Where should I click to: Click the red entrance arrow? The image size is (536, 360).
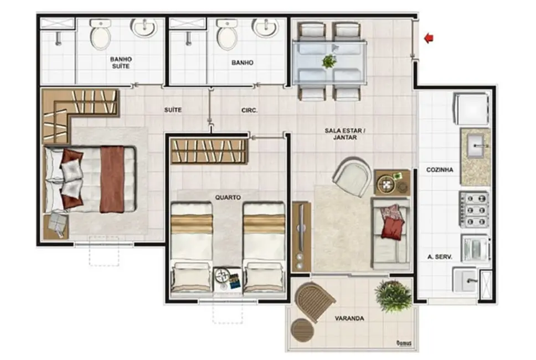429,38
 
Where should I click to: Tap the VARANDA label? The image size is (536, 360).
349,318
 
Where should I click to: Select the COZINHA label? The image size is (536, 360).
440,170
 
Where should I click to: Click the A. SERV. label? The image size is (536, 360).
440,256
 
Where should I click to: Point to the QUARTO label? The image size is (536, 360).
228,197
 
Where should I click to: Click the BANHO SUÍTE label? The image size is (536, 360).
120,62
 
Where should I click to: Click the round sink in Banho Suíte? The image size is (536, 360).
144,28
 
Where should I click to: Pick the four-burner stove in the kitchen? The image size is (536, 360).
475,209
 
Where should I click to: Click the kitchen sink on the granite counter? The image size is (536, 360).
476,147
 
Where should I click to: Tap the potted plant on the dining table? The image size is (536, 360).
329,60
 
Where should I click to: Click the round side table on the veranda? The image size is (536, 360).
302,331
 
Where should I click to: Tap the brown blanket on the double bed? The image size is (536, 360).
112,178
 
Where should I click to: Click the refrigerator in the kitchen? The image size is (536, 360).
472,109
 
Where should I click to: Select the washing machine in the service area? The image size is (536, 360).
475,248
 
